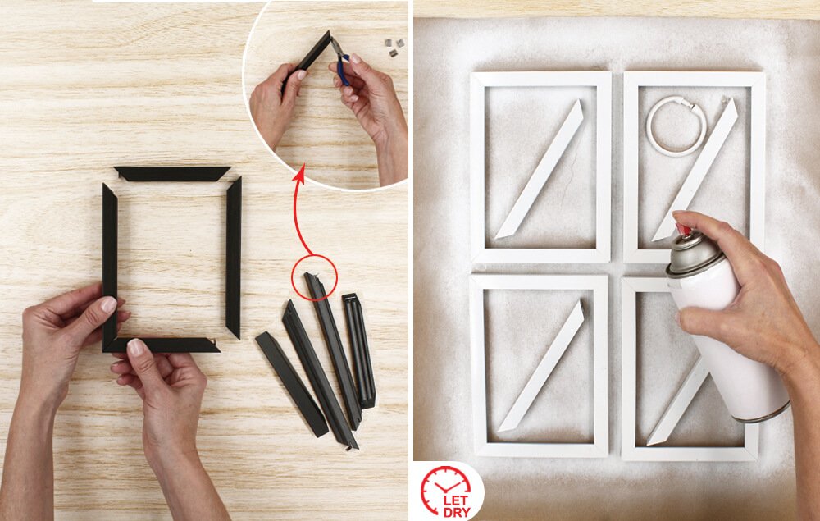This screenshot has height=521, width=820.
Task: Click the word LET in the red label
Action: tap(455, 500)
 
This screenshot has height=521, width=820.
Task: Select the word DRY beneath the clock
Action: tap(457, 512)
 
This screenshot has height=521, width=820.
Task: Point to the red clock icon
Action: tap(445, 488)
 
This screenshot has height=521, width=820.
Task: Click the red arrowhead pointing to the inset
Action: tap(299, 174)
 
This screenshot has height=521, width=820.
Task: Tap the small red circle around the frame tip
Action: tap(314, 277)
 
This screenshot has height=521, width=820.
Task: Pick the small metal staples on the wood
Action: tap(394, 46)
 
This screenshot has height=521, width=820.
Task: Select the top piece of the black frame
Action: tap(172, 174)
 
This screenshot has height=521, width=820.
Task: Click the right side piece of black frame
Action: tap(234, 258)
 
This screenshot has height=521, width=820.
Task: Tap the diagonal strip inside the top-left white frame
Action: tap(540, 169)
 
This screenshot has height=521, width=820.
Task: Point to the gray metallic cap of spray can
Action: tap(694, 254)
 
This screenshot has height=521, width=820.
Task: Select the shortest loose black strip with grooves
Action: tap(359, 350)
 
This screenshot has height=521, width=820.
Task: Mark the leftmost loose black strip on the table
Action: tap(292, 384)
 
